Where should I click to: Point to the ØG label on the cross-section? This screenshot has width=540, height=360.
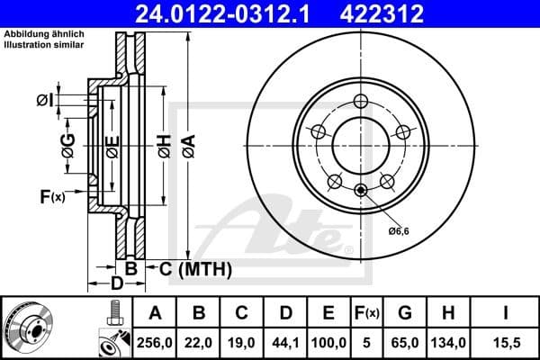coord(67,142)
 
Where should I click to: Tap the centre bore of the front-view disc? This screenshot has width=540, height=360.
coord(359,145)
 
